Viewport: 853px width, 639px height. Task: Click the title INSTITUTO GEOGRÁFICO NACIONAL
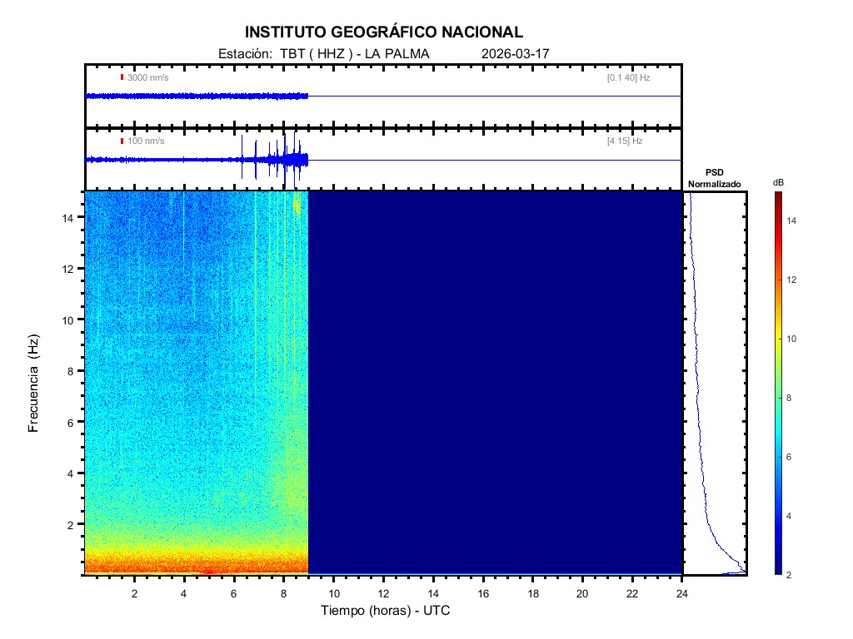(384, 32)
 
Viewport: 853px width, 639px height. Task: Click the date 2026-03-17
(516, 54)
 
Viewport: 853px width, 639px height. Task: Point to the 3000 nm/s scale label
(147, 77)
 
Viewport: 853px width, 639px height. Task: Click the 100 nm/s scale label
(146, 141)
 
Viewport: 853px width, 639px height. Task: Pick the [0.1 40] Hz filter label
(628, 77)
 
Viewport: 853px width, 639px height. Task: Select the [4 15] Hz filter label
(625, 141)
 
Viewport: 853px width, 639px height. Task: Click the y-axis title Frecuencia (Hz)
(34, 384)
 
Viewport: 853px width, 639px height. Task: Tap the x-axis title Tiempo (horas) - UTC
(386, 611)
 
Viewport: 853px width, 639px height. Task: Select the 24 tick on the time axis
(682, 593)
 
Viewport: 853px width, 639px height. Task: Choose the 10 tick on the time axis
(333, 593)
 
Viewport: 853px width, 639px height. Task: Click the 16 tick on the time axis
(483, 593)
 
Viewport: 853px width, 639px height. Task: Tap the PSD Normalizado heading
(714, 178)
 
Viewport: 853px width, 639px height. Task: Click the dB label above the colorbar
(777, 182)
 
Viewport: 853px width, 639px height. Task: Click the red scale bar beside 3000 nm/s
(122, 77)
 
